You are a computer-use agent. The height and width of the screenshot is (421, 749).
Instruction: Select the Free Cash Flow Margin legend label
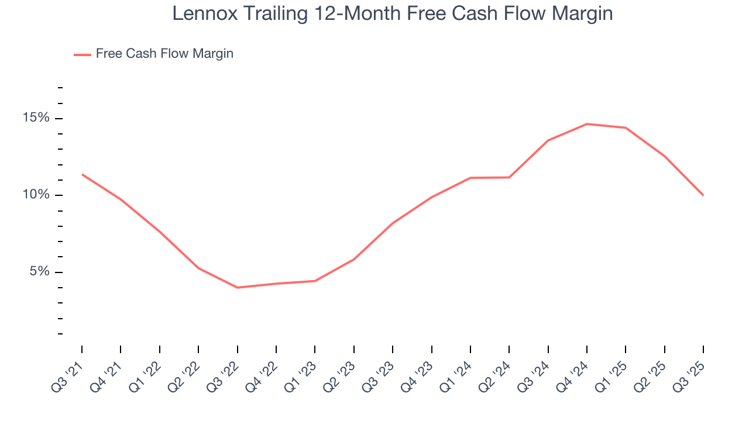point(164,54)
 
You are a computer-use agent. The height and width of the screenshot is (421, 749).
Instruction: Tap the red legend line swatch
point(82,54)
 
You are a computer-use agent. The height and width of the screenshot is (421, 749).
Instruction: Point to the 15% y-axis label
point(36,118)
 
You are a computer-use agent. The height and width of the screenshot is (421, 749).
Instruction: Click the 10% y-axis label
point(36,195)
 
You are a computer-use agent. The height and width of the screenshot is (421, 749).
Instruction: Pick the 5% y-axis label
point(40,272)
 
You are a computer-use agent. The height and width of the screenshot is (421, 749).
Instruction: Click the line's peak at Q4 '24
point(587,124)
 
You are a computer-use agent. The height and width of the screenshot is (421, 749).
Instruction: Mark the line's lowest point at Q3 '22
point(237,288)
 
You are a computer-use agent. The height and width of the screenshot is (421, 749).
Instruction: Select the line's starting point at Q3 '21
point(82,174)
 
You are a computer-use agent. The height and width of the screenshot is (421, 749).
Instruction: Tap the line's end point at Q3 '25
point(703,195)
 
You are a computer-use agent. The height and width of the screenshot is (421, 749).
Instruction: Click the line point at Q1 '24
point(470,178)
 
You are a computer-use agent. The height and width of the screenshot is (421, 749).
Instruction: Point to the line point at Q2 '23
point(354,259)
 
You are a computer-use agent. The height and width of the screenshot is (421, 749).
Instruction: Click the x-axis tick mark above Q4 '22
point(276,349)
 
